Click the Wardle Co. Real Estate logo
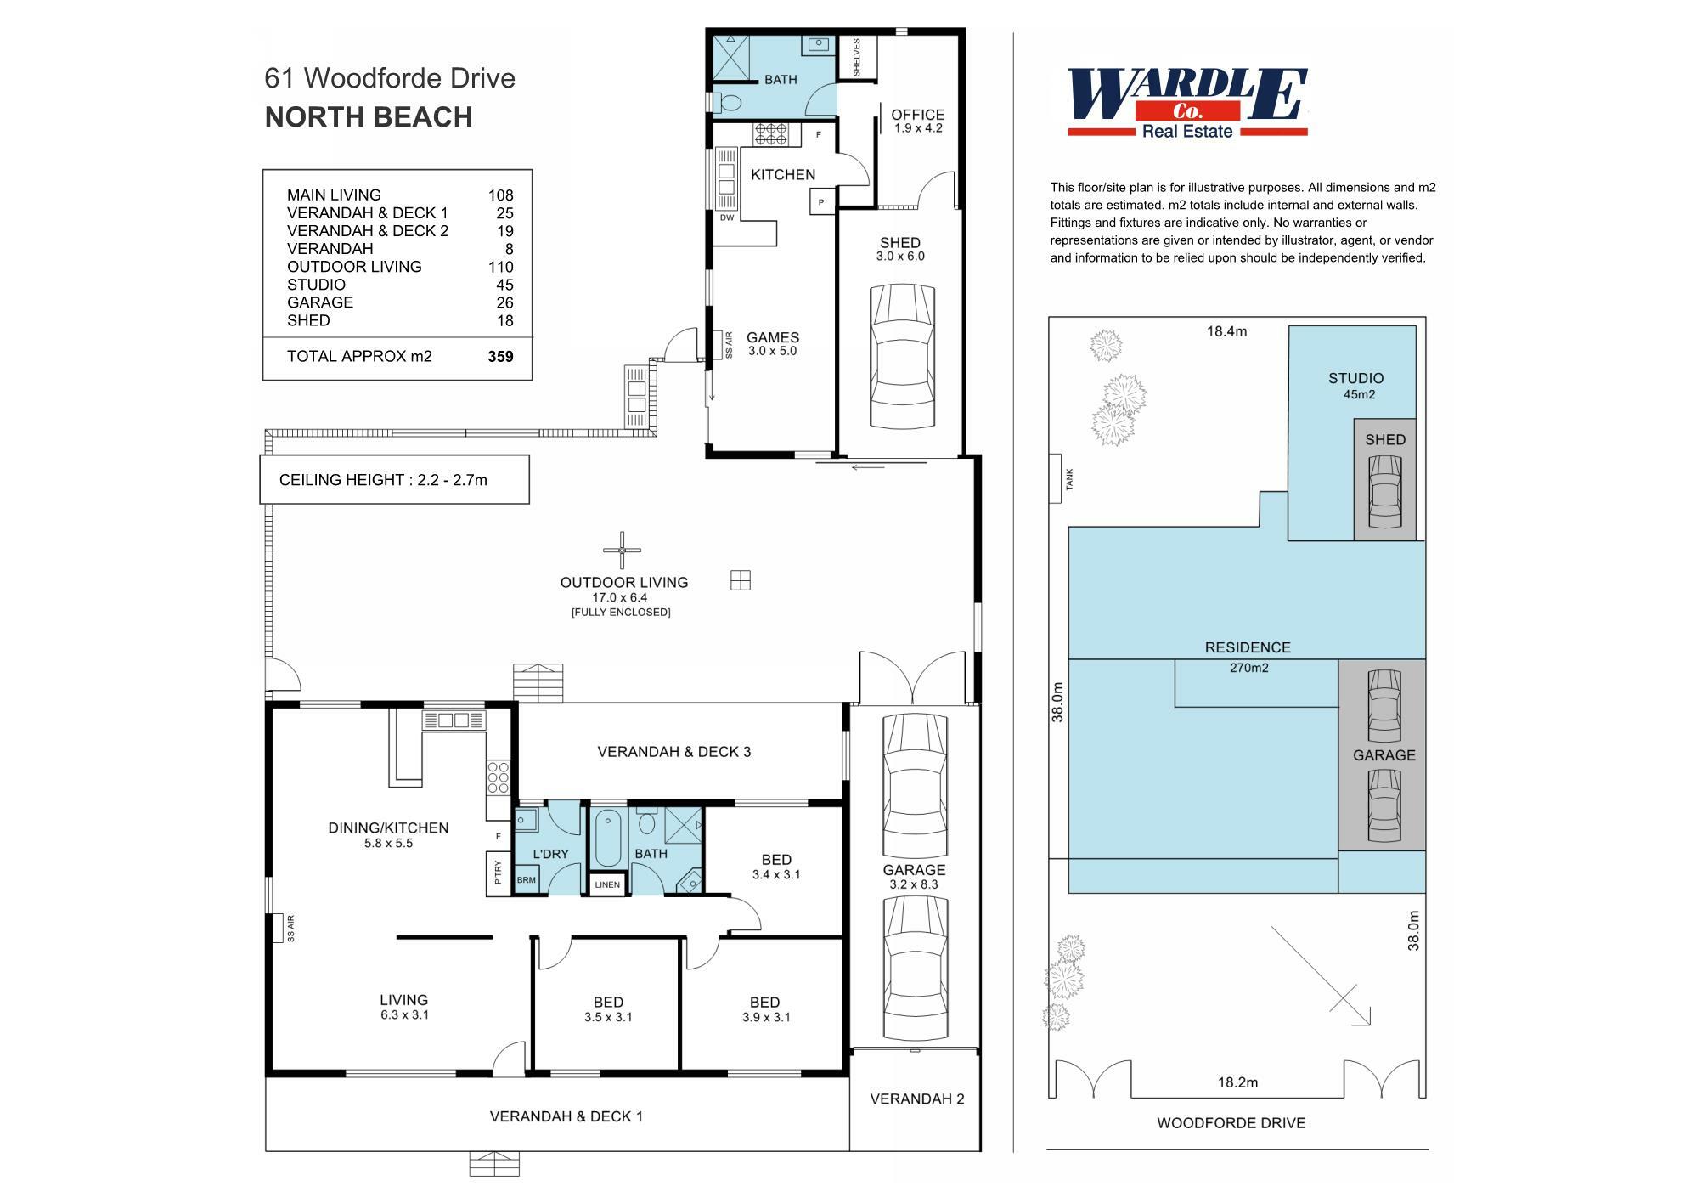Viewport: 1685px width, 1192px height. pyautogui.click(x=1186, y=102)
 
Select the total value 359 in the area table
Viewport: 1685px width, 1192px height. pyautogui.click(x=500, y=356)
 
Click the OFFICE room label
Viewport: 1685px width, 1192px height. pyautogui.click(x=917, y=115)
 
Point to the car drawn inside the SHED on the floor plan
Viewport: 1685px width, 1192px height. pyautogui.click(x=902, y=356)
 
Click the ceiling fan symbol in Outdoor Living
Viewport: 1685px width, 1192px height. pyautogui.click(x=622, y=551)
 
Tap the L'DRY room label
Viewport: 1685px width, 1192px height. pyautogui.click(x=550, y=854)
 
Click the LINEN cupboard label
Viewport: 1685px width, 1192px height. pyautogui.click(x=607, y=884)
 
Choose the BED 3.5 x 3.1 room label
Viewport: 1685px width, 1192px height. pyautogui.click(x=608, y=1003)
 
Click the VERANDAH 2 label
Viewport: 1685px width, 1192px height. pyautogui.click(x=916, y=1099)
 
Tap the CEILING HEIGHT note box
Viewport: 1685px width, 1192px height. pyautogui.click(x=394, y=480)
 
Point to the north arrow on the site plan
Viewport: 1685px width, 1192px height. pyautogui.click(x=1322, y=977)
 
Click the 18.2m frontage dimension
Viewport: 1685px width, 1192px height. pyautogui.click(x=1237, y=1082)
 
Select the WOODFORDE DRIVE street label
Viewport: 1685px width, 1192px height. pyautogui.click(x=1231, y=1122)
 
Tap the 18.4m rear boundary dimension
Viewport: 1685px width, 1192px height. pyautogui.click(x=1226, y=331)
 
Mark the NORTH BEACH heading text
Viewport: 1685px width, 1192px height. pyautogui.click(x=369, y=117)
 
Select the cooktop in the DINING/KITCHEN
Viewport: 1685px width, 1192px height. pyautogui.click(x=498, y=777)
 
